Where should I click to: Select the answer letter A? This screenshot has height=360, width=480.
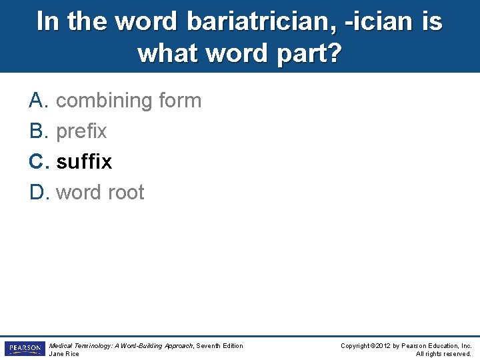pos(37,101)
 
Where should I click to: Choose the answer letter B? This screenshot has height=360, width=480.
pos(37,131)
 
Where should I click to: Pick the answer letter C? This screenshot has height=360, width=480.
pos(37,162)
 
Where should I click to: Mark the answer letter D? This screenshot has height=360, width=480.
pos(37,193)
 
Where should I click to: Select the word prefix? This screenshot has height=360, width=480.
pos(81,131)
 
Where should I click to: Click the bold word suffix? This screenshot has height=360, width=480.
pos(84,162)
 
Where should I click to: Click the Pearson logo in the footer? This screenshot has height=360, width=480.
pos(24,349)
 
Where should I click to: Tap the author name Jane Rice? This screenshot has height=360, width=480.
pos(64,354)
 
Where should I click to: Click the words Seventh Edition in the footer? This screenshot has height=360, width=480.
pos(221,345)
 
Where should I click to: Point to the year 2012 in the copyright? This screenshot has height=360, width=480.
pos(384,345)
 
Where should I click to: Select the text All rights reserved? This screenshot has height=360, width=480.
pos(443,354)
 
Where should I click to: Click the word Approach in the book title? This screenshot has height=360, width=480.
pos(177,345)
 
